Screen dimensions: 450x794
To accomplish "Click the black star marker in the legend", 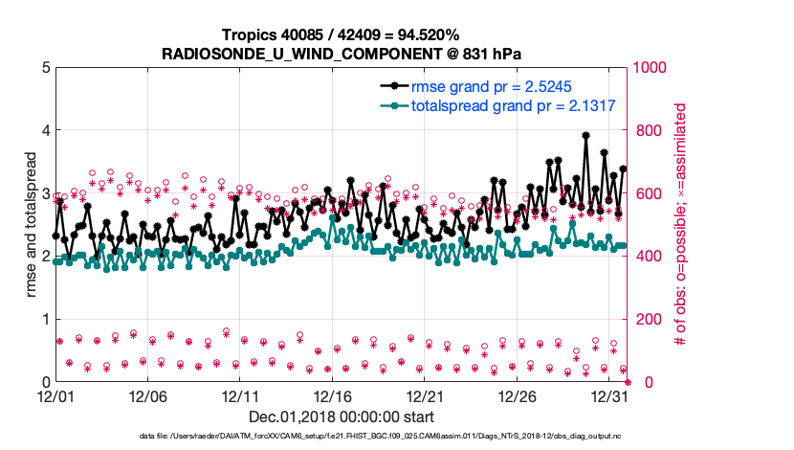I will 391,87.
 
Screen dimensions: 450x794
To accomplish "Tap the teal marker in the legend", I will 391,105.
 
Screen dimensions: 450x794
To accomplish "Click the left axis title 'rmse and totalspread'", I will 32,224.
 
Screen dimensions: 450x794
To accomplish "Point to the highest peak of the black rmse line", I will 585,136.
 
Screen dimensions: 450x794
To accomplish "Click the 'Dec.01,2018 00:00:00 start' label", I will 342,416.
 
